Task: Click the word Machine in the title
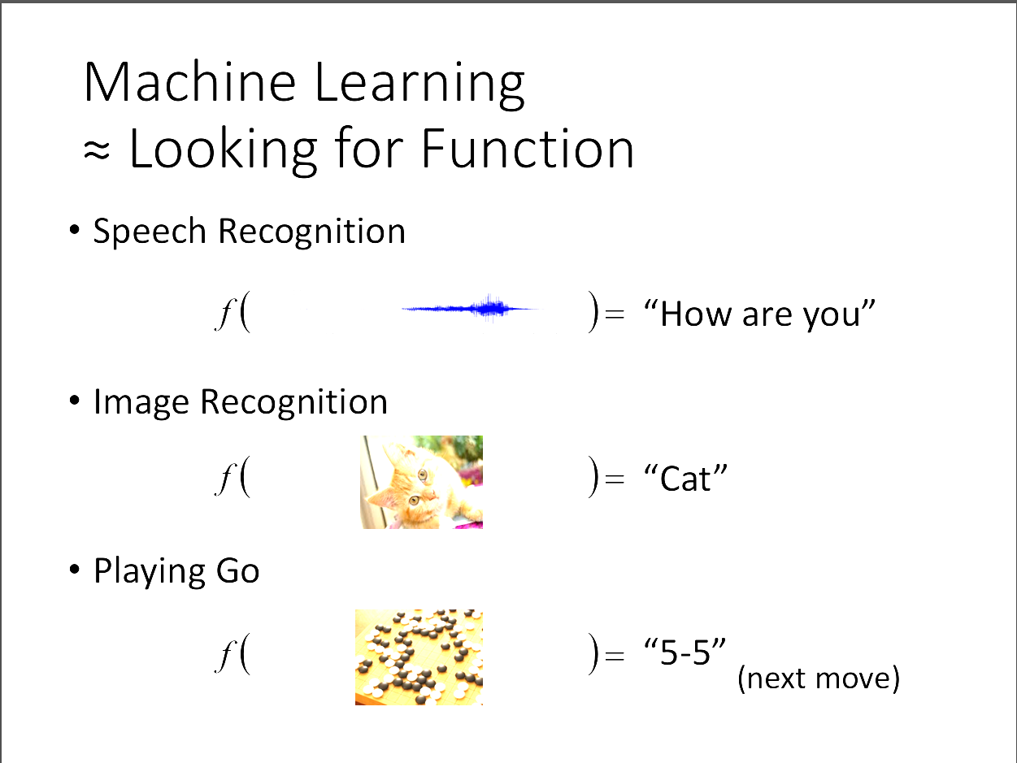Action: [189, 82]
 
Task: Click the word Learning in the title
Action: [419, 85]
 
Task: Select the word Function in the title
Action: [528, 148]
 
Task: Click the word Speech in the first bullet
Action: [150, 232]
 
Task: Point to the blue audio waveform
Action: [469, 308]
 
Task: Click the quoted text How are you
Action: [759, 314]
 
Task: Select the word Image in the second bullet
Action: [141, 403]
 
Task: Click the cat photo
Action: [422, 482]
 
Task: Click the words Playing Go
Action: [176, 572]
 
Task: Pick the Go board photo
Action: [419, 657]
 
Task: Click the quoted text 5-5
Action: [685, 652]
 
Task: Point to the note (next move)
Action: [818, 679]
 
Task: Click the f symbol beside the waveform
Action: [225, 313]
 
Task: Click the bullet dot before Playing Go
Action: [74, 569]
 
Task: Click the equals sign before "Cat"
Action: [615, 479]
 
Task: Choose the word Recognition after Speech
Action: [312, 232]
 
